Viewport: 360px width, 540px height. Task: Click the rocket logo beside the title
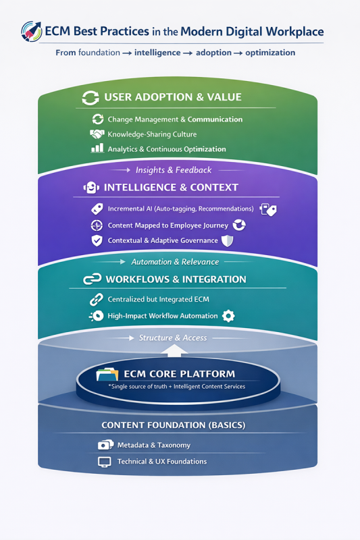click(31, 30)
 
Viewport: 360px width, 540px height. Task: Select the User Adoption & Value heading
click(172, 97)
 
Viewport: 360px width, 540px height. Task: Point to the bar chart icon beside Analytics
click(97, 148)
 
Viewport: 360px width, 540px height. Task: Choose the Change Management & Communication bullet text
click(175, 119)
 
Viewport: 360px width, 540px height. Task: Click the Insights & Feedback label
click(174, 170)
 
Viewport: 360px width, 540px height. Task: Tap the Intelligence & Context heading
click(171, 188)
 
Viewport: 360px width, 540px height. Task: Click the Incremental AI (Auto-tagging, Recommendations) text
click(180, 209)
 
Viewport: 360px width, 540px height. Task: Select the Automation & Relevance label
click(175, 261)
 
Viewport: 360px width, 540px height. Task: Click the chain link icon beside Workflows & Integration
click(91, 279)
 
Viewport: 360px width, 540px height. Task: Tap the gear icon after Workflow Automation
click(228, 315)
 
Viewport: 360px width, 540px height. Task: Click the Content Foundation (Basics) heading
click(173, 425)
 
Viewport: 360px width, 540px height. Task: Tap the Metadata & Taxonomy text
click(154, 445)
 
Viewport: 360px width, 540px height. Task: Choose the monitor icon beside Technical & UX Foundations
click(105, 462)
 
